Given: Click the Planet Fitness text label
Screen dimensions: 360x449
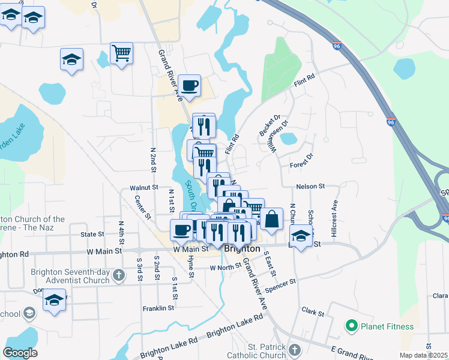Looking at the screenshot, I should [x=387, y=326].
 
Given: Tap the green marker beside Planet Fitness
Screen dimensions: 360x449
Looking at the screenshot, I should [x=351, y=326].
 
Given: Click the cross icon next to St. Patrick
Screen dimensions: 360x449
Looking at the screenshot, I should [x=294, y=349].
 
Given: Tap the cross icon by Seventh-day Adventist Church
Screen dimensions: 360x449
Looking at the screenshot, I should [x=119, y=275].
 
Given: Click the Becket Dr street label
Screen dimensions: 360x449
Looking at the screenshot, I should [x=270, y=125].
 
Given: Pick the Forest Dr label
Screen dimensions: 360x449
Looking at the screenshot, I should [x=301, y=160].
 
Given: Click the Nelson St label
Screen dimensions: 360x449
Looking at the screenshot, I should [x=310, y=187].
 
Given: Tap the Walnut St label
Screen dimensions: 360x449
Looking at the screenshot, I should [x=143, y=188].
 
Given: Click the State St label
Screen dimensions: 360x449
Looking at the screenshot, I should [x=92, y=234].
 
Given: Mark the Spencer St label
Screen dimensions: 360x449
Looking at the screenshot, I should [x=280, y=286].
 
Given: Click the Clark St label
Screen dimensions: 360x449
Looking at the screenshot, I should [x=313, y=313].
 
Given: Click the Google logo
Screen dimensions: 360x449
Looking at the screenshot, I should [x=20, y=353].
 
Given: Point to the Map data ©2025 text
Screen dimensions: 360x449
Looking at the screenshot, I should [x=423, y=355].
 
